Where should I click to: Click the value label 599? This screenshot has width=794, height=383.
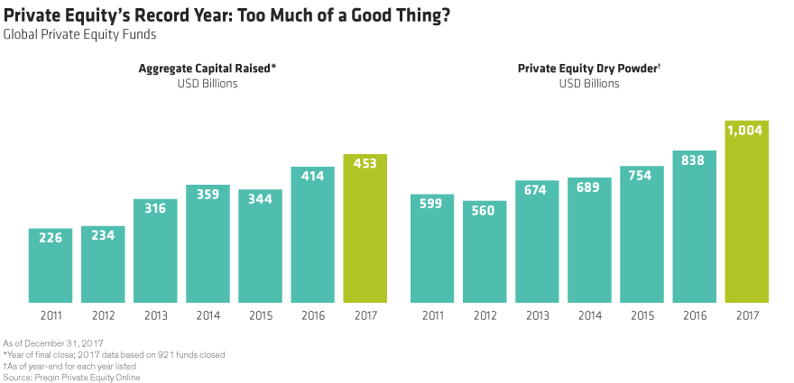tap(432, 205)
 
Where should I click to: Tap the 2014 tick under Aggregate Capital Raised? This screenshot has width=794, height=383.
tap(208, 315)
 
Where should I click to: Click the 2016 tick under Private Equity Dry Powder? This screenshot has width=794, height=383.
tap(694, 315)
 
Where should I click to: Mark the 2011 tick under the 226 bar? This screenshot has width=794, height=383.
tap(50, 315)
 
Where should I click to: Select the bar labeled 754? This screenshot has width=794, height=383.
tap(642, 234)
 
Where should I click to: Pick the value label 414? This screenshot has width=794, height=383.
tap(312, 178)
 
